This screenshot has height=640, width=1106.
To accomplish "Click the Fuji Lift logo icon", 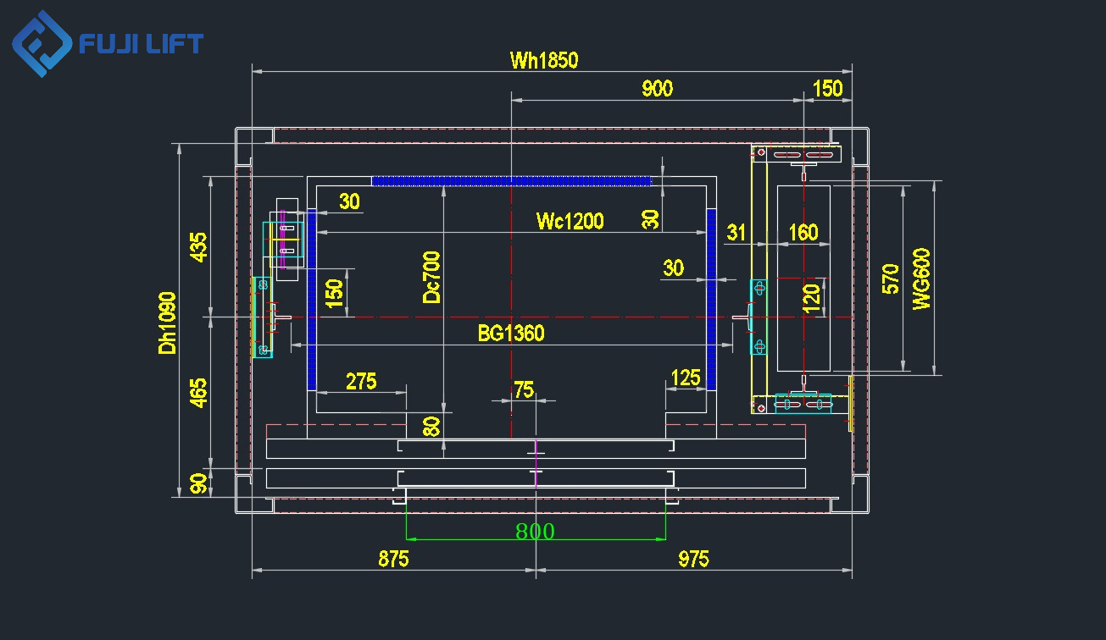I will coord(42,44).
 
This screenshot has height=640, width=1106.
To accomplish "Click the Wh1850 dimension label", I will coord(543,60).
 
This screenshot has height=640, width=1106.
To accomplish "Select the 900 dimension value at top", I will coord(657,88).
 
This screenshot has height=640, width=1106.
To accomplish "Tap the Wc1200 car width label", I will coord(570,222).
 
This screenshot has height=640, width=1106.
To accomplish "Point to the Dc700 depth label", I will coord(432,277).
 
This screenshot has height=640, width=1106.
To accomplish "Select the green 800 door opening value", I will coord(535,532).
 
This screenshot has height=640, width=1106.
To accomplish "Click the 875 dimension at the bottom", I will coord(393,559).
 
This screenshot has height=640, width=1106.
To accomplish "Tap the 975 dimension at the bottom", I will coord(693,559).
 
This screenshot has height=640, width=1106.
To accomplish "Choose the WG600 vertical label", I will coord(921,279).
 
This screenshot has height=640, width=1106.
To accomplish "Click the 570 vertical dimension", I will coord(891,279).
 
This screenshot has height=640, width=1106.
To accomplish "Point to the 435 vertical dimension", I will coord(197,246).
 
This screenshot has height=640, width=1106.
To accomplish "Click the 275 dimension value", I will coord(361,381).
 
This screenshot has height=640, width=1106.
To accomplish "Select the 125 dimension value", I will coord(686,378).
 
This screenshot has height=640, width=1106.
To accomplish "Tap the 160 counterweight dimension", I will coord(803,232).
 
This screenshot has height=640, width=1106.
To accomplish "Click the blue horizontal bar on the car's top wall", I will coord(511,180).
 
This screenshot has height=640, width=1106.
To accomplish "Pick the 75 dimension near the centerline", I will coord(524,389).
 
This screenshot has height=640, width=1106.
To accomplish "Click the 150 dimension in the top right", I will coord(828,88).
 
